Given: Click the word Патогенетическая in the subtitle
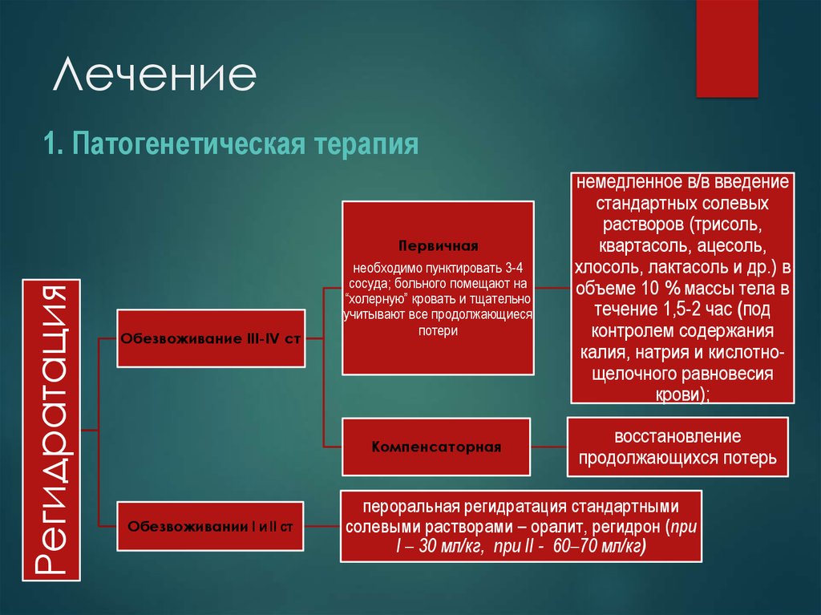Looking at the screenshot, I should [x=187, y=145].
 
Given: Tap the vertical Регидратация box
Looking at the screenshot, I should [x=51, y=430].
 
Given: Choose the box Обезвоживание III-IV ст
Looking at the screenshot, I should [x=211, y=338].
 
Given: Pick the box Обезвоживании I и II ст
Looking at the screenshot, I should [x=211, y=527].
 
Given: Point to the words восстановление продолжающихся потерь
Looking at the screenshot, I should [x=678, y=447].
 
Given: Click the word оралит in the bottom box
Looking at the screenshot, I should [x=547, y=528].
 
